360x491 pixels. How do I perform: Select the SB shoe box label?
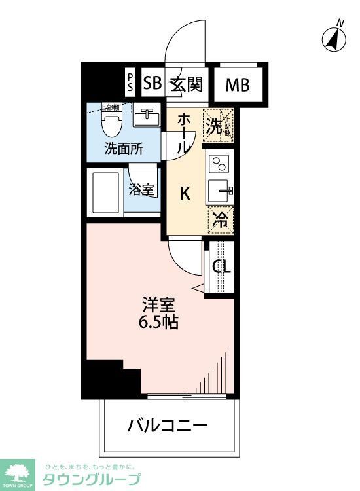[x=152, y=84]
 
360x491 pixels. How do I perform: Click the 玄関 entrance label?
[x=187, y=84]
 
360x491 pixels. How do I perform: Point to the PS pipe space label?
[x=130, y=83]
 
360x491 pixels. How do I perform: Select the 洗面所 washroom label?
[x=124, y=148]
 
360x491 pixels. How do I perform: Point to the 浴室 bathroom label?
[x=141, y=191]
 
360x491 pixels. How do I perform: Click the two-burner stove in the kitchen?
[x=218, y=163]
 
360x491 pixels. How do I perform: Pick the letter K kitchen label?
[x=185, y=193]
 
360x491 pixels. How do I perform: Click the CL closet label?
[x=221, y=268]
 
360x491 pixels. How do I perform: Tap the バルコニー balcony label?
[x=168, y=426]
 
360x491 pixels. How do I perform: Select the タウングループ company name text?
[x=92, y=479]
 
